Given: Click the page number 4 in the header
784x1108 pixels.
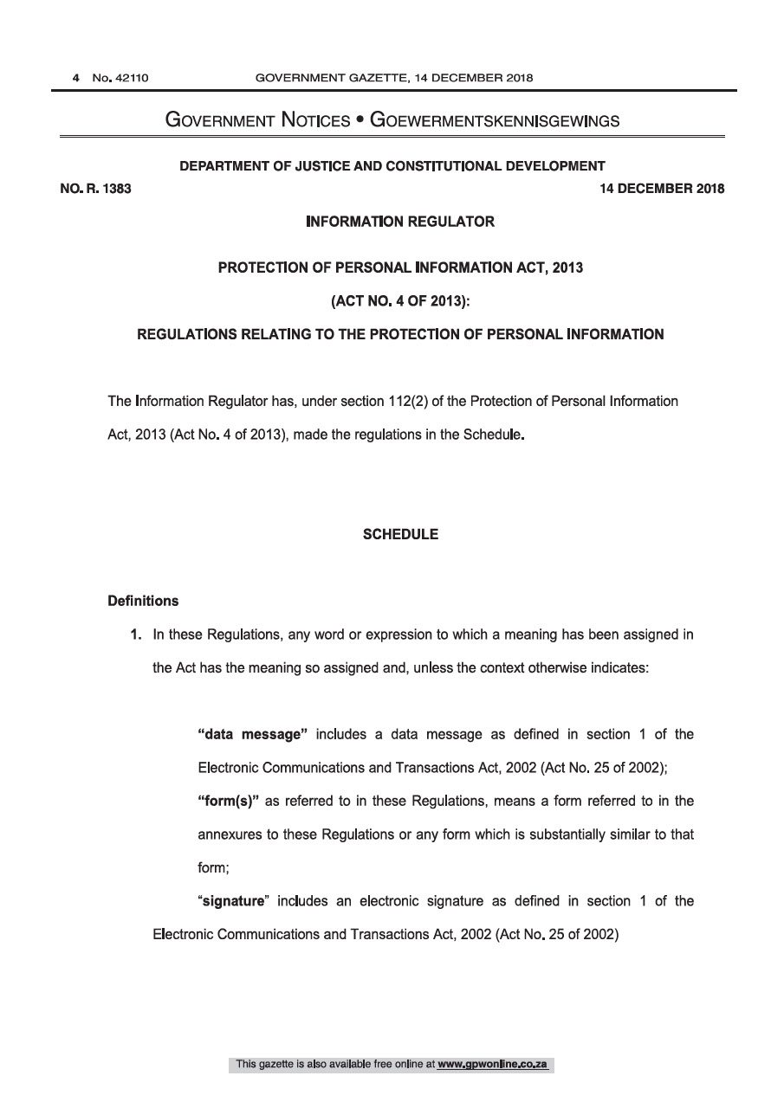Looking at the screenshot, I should click(76, 78).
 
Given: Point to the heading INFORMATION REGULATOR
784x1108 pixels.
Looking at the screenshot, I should click(400, 222).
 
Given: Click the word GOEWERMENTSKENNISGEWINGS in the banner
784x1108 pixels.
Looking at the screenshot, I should click(495, 120).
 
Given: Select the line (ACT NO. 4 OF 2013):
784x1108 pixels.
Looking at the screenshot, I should click(400, 300).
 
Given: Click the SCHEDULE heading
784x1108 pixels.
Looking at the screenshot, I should click(400, 534).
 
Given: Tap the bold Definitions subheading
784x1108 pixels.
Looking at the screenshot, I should click(143, 600).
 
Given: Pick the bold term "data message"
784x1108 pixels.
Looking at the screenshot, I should click(253, 734).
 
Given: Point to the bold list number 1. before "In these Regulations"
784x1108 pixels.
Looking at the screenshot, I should click(137, 635).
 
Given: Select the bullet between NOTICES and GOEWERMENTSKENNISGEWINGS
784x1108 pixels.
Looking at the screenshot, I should click(356, 120).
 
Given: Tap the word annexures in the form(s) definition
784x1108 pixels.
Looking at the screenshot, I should click(228, 834).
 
